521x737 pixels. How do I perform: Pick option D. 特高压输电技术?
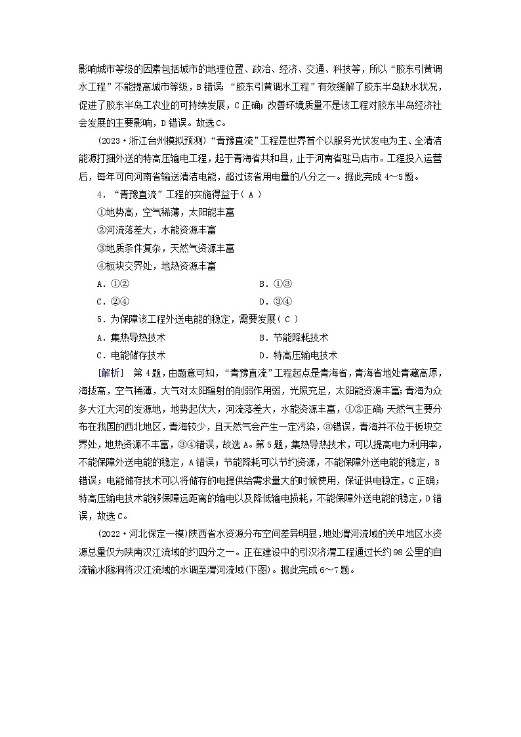tap(298, 355)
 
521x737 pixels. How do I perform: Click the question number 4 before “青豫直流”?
tap(99, 196)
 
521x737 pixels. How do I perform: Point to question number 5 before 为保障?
tap(99, 320)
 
